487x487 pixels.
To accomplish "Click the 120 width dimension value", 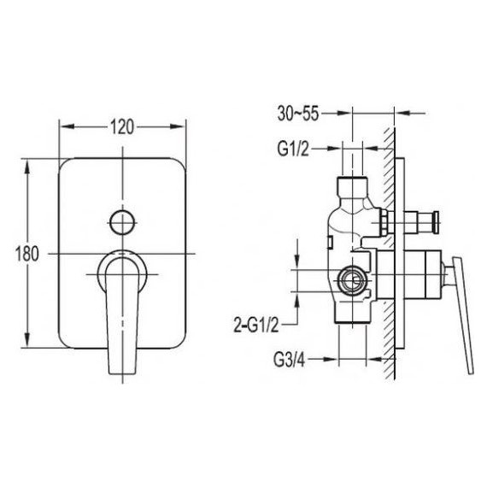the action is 122,126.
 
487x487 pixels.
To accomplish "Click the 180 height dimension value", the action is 27,254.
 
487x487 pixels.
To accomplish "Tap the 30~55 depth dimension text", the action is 298,114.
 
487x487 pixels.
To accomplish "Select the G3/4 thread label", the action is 290,361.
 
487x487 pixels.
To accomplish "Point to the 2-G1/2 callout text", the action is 256,326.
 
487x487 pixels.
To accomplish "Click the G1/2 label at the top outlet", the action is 294,150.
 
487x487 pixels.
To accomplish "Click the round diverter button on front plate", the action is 122,222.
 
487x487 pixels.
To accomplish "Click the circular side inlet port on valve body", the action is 352,281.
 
